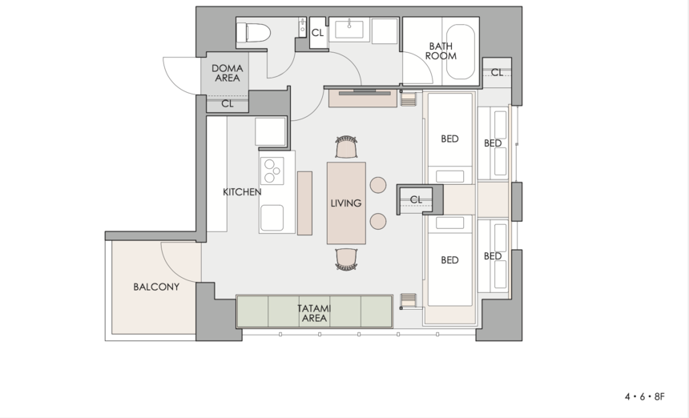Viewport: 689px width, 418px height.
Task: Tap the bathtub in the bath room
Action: point(461,52)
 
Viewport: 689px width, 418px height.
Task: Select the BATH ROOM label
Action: point(441,51)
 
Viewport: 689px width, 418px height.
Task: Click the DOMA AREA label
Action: point(228,74)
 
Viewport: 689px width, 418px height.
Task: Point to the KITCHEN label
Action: point(242,192)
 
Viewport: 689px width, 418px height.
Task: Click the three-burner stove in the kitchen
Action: point(272,171)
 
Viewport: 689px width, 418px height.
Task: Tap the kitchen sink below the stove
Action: point(272,219)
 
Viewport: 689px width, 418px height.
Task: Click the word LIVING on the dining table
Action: point(346,203)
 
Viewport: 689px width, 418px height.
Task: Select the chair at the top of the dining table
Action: point(346,147)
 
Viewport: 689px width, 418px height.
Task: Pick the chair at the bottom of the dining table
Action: point(346,259)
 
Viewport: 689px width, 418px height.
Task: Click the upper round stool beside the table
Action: point(378,185)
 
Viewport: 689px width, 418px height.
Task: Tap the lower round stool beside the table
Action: point(378,221)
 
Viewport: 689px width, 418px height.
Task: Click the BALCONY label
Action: point(156,287)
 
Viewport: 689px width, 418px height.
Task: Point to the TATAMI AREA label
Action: point(314,314)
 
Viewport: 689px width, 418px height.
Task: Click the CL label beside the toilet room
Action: point(318,33)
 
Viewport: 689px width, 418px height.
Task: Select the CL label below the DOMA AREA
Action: point(228,104)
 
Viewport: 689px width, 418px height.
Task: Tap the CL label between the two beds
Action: point(416,199)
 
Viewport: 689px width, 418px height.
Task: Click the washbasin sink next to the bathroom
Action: point(349,30)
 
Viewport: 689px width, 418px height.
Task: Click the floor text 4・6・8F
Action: point(645,397)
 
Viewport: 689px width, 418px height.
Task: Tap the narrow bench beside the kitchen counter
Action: point(305,203)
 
